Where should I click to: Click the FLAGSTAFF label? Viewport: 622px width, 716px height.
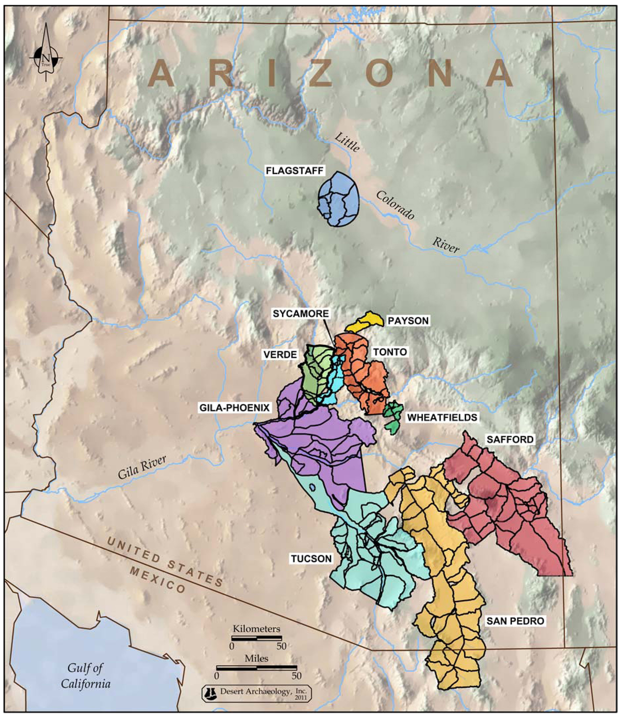pyautogui.click(x=294, y=170)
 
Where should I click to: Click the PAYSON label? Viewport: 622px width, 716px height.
pyautogui.click(x=408, y=321)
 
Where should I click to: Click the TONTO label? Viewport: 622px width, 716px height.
pyautogui.click(x=390, y=352)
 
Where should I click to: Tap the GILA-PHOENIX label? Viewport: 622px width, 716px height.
pyautogui.click(x=234, y=408)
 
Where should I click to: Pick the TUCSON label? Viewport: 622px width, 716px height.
pyautogui.click(x=311, y=558)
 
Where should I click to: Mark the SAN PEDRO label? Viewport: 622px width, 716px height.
pyautogui.click(x=515, y=621)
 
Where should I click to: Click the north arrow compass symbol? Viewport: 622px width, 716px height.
pyautogui.click(x=46, y=58)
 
